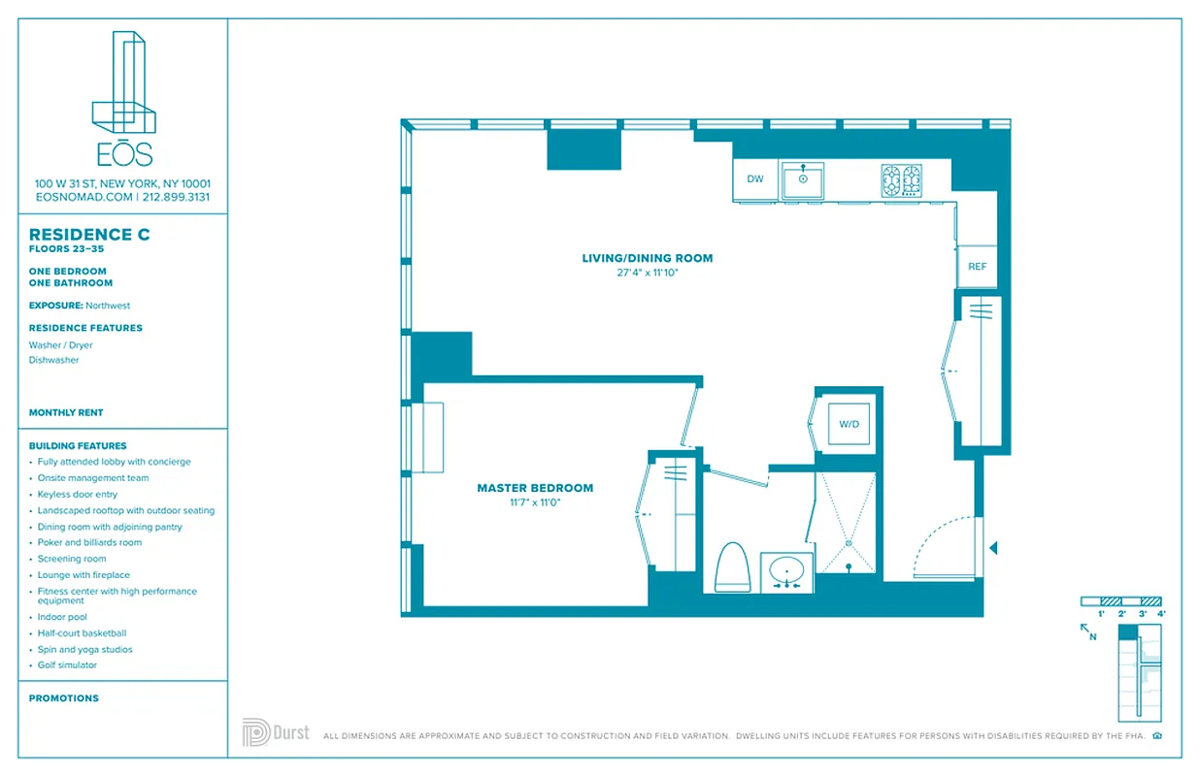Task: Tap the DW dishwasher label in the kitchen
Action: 754,179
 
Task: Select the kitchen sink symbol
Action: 803,180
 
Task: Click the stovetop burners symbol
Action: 901,180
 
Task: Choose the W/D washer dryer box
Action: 848,424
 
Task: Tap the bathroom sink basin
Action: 785,571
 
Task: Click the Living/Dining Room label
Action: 647,258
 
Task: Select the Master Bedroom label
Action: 535,488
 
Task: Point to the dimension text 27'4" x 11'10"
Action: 647,273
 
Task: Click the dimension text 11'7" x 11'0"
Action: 535,502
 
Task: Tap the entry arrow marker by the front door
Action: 992,548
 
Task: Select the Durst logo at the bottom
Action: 276,732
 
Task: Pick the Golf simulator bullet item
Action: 67,665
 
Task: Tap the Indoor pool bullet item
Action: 62,617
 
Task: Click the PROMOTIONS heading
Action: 64,698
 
